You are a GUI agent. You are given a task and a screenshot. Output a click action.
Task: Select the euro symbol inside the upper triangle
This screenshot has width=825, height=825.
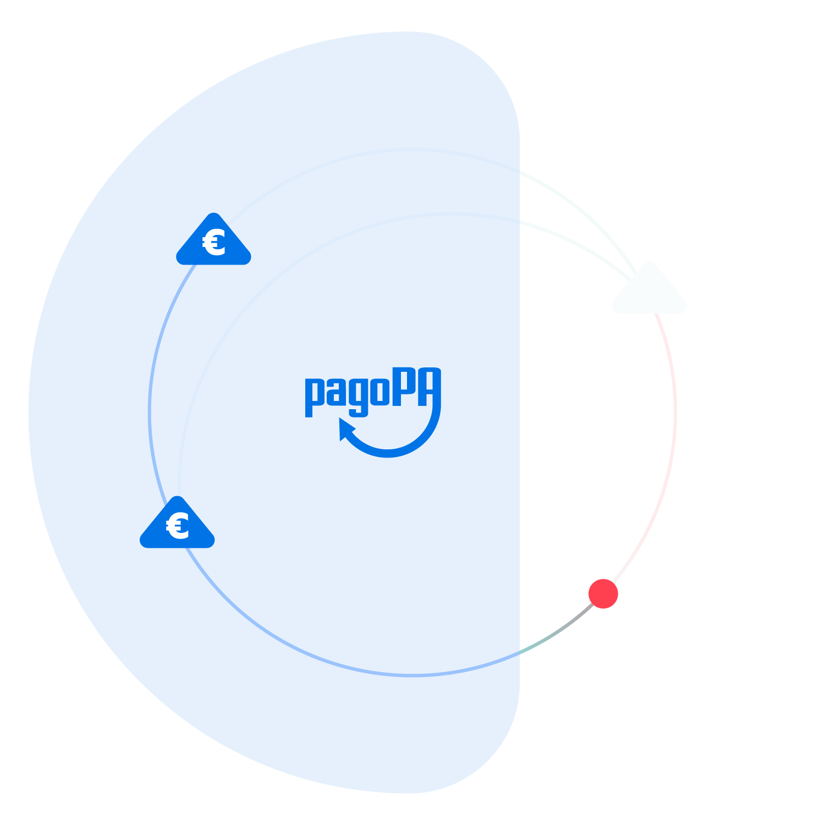click(214, 243)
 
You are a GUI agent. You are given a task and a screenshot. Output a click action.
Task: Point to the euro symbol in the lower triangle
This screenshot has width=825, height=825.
click(178, 526)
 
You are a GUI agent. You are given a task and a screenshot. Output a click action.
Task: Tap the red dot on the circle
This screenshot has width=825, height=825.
click(603, 594)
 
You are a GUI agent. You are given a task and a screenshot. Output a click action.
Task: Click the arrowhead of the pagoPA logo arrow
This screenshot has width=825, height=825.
click(345, 428)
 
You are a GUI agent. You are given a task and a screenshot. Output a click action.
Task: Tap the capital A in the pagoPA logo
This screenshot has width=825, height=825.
click(429, 387)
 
